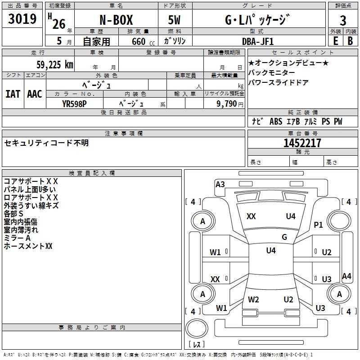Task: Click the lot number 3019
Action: click(x=22, y=19)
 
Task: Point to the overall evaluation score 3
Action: click(x=343, y=20)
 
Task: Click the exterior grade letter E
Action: click(x=335, y=40)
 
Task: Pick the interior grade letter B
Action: click(x=350, y=40)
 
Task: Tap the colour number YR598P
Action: click(x=74, y=103)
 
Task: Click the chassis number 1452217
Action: click(x=302, y=143)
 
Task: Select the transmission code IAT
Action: click(x=13, y=94)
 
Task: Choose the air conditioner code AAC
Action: click(x=34, y=94)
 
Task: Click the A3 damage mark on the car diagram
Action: click(x=220, y=184)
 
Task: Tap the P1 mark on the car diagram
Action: click(x=318, y=225)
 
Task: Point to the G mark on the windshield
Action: click(x=284, y=237)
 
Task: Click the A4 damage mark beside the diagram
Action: click(x=346, y=276)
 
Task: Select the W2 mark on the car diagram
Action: click(x=253, y=299)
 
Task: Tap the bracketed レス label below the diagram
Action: click(x=197, y=344)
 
